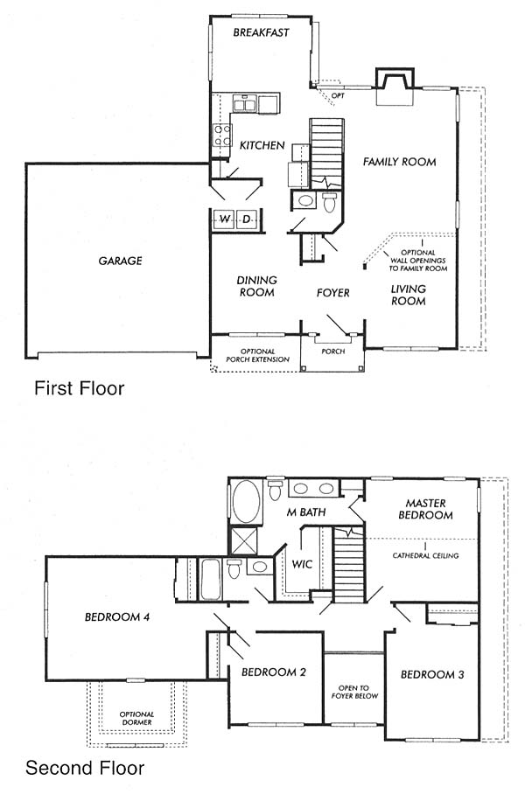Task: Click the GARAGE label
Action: pyautogui.click(x=120, y=261)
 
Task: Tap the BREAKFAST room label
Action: pyautogui.click(x=261, y=32)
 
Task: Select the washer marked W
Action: pyautogui.click(x=224, y=219)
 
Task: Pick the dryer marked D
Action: pyautogui.click(x=247, y=219)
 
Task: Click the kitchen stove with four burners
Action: pyautogui.click(x=222, y=135)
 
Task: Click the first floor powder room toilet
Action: pyautogui.click(x=329, y=202)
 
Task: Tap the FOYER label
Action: pyautogui.click(x=333, y=293)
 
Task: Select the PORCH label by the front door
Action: pyautogui.click(x=333, y=352)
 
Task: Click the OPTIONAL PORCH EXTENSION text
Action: pyautogui.click(x=258, y=356)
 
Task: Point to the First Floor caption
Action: pyautogui.click(x=80, y=388)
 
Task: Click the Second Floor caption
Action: pyautogui.click(x=85, y=768)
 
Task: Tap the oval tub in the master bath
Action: pyautogui.click(x=247, y=502)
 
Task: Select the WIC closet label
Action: pyautogui.click(x=302, y=564)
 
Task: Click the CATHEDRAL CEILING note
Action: pyautogui.click(x=425, y=555)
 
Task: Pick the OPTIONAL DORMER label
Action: pyautogui.click(x=136, y=718)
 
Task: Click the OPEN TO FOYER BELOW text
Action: pyautogui.click(x=354, y=692)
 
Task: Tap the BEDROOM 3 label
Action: pyautogui.click(x=432, y=674)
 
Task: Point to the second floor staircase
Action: pyautogui.click(x=349, y=565)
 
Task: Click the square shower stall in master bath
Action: pyautogui.click(x=243, y=541)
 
